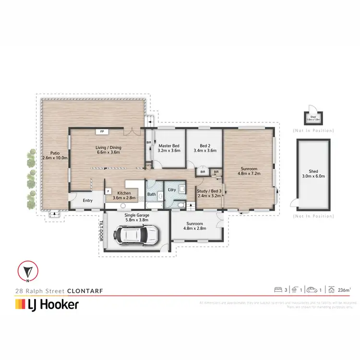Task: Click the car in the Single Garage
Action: [136, 235]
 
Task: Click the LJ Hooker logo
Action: [47, 304]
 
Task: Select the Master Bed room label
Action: [169, 147]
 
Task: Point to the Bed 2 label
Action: [205, 147]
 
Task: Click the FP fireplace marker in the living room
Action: [102, 131]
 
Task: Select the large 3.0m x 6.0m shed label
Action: [313, 173]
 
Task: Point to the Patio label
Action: [55, 155]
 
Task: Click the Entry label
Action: [87, 201]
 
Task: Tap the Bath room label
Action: [152, 194]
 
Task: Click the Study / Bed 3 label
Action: [209, 193]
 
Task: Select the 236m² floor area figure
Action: [344, 289]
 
